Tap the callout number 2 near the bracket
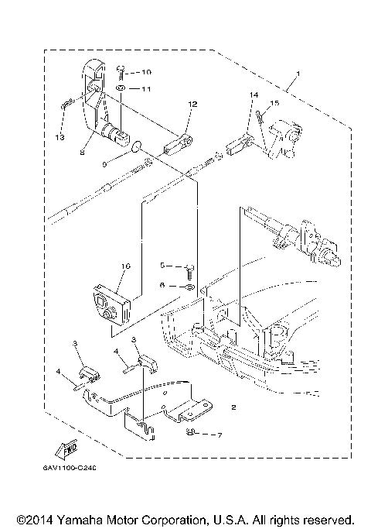point(233,406)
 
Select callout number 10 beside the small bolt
point(147,72)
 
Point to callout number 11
point(146,89)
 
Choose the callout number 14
point(251,95)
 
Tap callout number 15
point(274,103)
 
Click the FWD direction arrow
point(67,448)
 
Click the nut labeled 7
point(190,434)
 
